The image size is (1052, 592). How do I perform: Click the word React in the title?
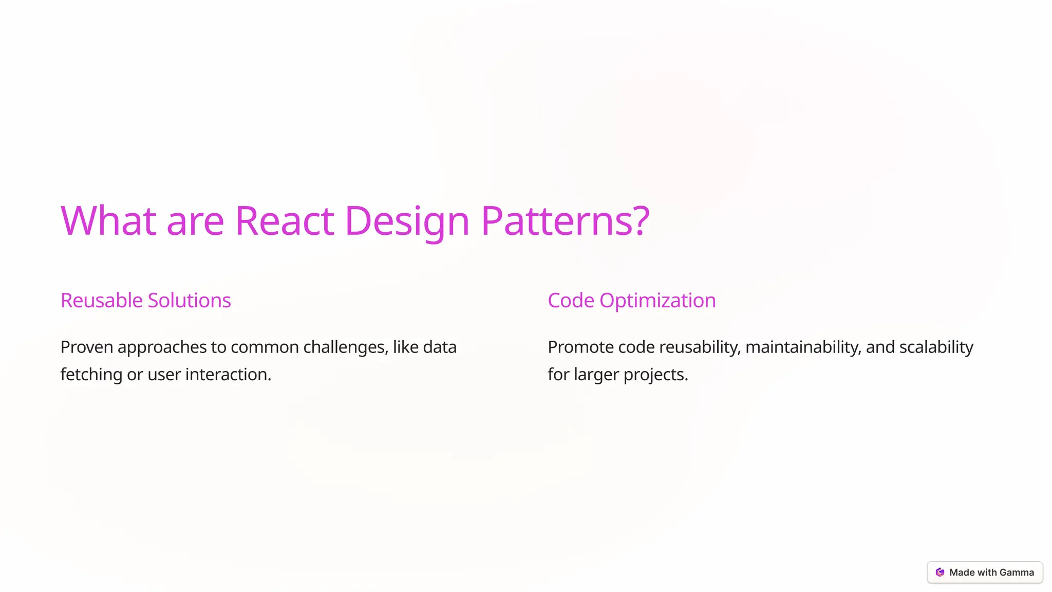coord(285,221)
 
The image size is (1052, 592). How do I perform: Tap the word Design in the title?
coord(407,221)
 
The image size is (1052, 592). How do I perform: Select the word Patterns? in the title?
coord(565,221)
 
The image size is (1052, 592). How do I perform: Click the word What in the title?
coord(108,221)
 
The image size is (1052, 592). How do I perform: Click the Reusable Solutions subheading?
coord(146,301)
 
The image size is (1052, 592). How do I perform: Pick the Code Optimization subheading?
coord(631,301)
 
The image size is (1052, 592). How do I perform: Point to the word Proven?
coord(87,347)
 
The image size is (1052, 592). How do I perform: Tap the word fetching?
coord(91,375)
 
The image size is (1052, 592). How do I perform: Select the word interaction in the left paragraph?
coord(228,375)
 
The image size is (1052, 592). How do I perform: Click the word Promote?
coord(580,347)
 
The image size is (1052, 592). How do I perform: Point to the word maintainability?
coord(803,347)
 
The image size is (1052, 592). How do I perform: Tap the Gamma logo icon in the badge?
coord(940,572)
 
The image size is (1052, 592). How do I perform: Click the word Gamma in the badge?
coord(1017,572)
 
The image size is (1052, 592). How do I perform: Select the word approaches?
coord(162,347)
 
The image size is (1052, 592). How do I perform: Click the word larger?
coord(596,375)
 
